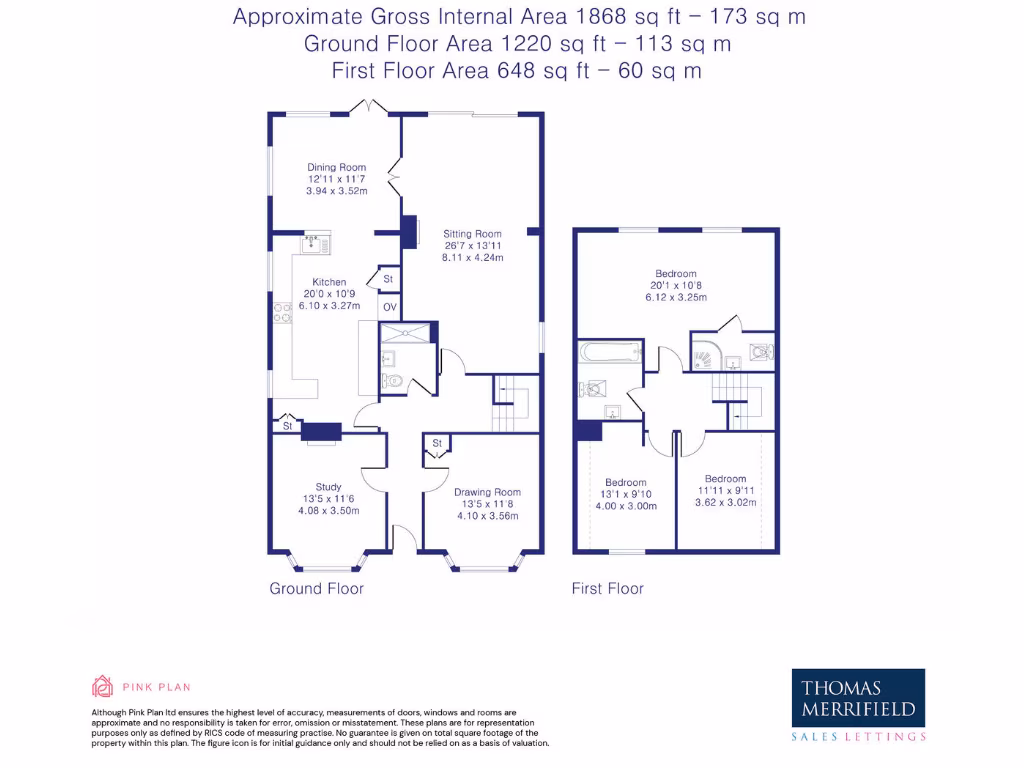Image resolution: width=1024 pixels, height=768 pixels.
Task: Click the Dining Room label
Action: click(x=336, y=168)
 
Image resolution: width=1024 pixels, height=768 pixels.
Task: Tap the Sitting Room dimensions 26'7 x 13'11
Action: click(x=472, y=246)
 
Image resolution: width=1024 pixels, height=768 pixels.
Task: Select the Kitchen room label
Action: click(x=329, y=282)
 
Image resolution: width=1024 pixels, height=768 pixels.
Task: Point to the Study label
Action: click(x=328, y=488)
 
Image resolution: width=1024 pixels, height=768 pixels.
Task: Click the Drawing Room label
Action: click(x=487, y=492)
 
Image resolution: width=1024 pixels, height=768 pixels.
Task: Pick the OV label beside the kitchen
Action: click(x=389, y=307)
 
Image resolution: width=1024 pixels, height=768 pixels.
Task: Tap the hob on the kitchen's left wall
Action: click(x=282, y=312)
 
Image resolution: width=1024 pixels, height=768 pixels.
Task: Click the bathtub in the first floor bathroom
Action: click(x=610, y=352)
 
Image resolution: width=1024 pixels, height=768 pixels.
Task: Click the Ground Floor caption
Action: click(x=316, y=589)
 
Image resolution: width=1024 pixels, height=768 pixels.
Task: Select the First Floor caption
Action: click(x=608, y=589)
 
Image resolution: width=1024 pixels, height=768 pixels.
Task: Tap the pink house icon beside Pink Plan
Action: click(x=102, y=686)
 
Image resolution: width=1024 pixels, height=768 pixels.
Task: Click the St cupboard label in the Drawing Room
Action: click(x=437, y=443)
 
